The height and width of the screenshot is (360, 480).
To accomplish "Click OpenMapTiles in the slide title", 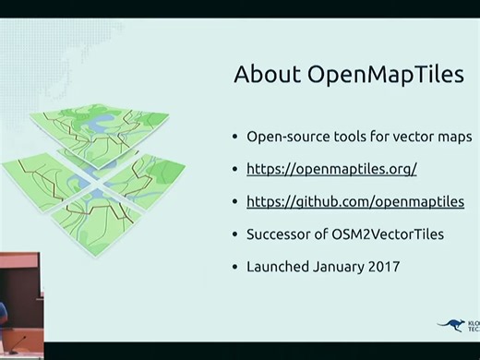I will pos(384,75).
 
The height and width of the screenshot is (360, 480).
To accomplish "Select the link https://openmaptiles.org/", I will pos(331,169).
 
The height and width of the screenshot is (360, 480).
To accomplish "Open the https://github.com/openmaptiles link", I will pos(355,201).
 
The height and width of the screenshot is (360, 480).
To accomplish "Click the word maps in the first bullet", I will pos(452,137).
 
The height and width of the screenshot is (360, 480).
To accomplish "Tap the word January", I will pos(340,266).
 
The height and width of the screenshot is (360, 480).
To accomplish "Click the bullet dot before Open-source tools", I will pos(235,137).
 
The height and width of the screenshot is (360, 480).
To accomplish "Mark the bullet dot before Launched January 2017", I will pos(235,266).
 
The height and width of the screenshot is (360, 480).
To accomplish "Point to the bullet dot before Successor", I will pos(235,234).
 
